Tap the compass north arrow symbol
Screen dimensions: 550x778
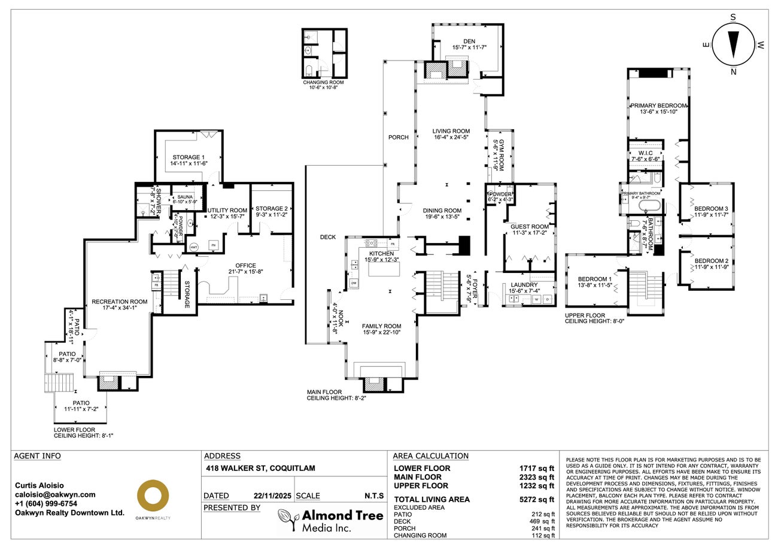pos(733,45)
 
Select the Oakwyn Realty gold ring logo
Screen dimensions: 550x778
pos(153,496)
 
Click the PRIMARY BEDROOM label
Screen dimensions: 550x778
pos(658,105)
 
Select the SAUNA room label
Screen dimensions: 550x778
pos(184,196)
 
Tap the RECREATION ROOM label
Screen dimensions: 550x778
pos(119,302)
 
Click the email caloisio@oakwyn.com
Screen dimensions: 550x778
pos(55,494)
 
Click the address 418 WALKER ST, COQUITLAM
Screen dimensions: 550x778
pos(260,468)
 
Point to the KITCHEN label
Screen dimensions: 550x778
pos(381,254)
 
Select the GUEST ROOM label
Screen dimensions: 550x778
pos(529,227)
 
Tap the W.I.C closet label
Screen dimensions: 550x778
pos(645,153)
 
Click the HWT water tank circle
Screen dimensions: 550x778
pos(194,247)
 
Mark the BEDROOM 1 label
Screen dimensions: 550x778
pos(594,279)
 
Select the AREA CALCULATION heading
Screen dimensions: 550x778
pos(430,456)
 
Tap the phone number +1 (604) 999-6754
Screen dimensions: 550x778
pos(46,503)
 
